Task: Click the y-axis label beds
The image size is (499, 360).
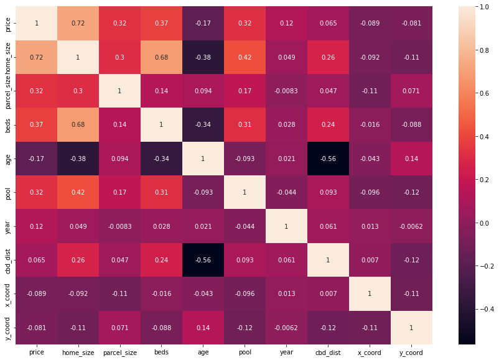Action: pyautogui.click(x=7, y=124)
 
